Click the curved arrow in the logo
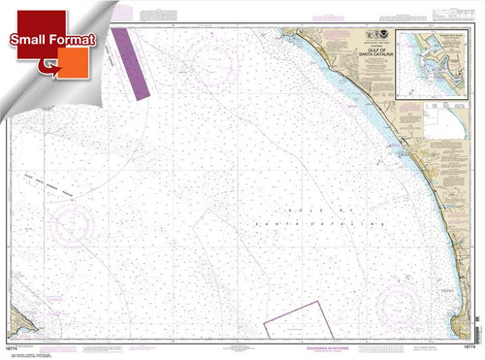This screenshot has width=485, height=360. pos(44,66)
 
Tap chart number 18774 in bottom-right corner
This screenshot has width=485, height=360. pos(464,346)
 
